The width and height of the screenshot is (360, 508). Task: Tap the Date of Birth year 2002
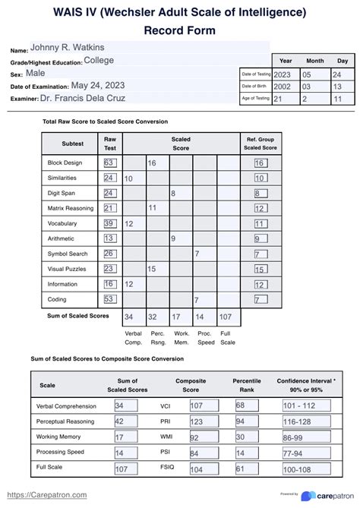(281, 87)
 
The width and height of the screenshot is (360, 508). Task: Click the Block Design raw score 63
(109, 163)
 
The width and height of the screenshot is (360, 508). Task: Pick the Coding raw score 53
(109, 300)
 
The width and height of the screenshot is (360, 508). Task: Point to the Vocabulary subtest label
(62, 224)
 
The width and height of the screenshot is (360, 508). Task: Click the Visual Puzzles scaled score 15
(152, 269)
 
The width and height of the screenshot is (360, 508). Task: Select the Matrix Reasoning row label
(69, 208)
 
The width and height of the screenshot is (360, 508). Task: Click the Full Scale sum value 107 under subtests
(225, 317)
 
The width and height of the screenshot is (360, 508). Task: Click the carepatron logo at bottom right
(323, 495)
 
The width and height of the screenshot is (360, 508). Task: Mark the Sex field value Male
(36, 74)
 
